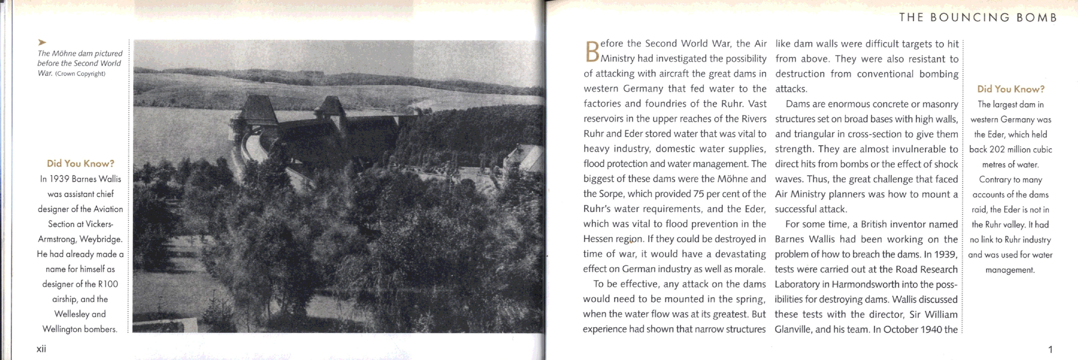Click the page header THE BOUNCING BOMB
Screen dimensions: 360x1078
pos(978,18)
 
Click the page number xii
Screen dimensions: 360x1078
pos(41,349)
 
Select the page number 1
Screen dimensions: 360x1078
pos(1050,349)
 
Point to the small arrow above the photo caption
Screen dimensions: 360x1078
pos(42,42)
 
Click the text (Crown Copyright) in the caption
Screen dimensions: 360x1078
pos(80,74)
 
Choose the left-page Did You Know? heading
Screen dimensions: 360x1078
pos(80,164)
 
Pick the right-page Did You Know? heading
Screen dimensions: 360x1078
pos(1011,89)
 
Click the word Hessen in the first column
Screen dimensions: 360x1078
pos(598,239)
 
